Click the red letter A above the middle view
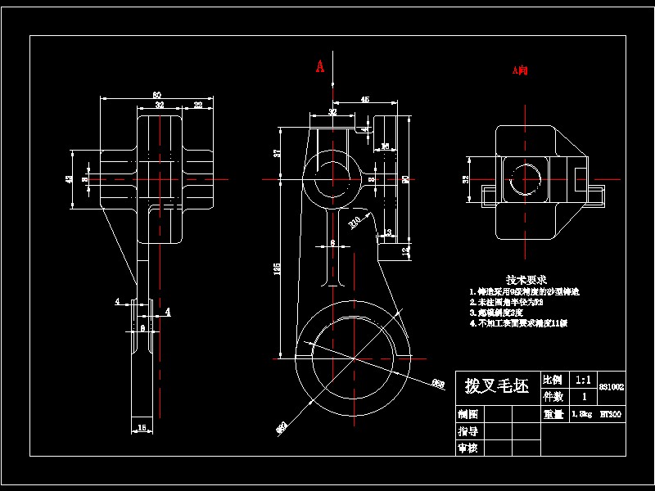(321, 66)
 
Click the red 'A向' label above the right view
(520, 71)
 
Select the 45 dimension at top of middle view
(364, 100)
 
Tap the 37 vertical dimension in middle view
(278, 152)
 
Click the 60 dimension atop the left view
(156, 95)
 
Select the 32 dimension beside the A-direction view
(466, 179)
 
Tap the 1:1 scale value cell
(583, 380)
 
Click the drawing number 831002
(612, 386)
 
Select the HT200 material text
(611, 414)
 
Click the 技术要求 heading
(526, 279)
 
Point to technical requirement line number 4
(517, 323)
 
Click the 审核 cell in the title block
(468, 448)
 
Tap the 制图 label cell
(468, 414)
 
